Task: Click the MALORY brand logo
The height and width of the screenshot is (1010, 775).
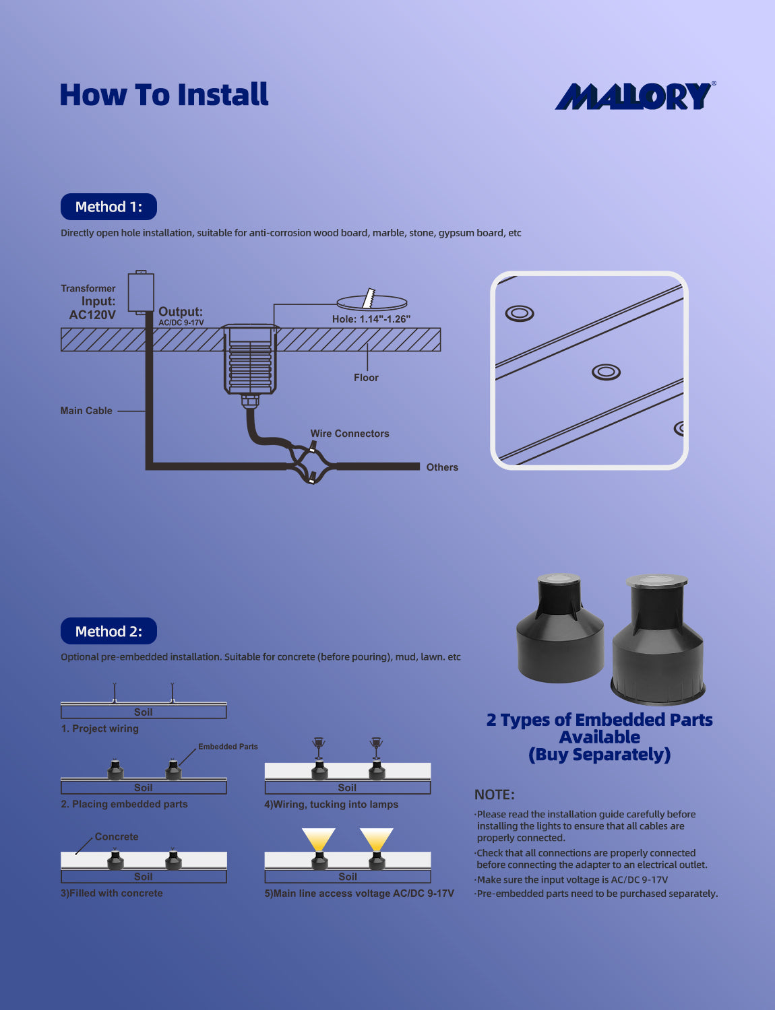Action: [634, 96]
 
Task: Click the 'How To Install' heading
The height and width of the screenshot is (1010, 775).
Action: [164, 95]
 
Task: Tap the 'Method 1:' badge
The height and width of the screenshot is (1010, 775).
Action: [108, 207]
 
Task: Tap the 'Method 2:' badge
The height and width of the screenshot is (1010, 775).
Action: [108, 632]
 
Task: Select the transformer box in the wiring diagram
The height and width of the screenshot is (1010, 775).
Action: [141, 292]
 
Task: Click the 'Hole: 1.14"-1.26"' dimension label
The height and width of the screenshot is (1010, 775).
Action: [371, 319]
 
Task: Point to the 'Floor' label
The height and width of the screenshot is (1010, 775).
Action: [366, 378]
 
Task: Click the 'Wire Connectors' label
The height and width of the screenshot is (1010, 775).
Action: [349, 434]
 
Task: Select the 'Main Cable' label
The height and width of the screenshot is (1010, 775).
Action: [86, 411]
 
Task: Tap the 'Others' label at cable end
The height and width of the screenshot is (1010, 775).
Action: [442, 467]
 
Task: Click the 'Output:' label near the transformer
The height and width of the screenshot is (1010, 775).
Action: [180, 312]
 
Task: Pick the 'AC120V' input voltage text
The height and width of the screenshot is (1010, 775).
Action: [92, 314]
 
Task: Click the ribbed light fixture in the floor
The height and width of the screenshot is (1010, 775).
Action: [251, 360]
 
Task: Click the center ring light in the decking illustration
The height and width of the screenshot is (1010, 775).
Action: [606, 372]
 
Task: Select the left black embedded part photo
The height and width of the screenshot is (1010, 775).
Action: [559, 630]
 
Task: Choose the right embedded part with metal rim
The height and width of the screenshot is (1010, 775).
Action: [658, 636]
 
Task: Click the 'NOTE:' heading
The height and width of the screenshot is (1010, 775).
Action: [494, 795]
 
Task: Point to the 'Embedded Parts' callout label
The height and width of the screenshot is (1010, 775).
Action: [228, 747]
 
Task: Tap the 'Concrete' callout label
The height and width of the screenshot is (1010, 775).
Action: [116, 837]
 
